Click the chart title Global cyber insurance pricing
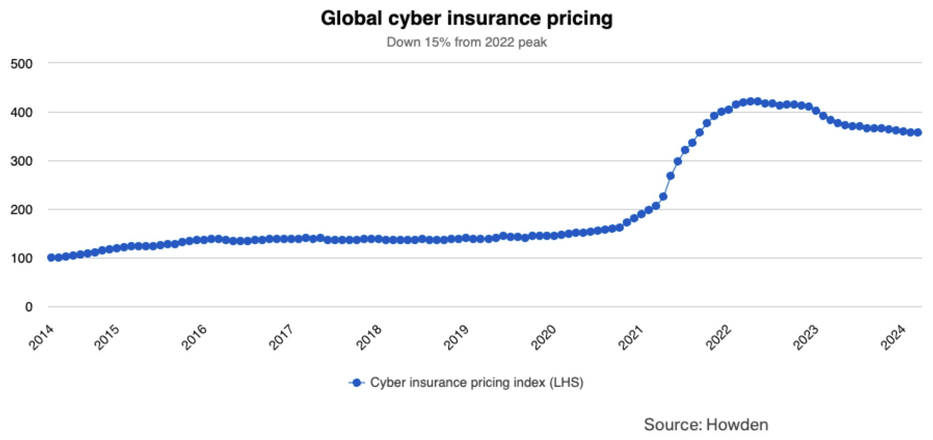(x=466, y=18)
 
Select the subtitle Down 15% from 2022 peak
(x=466, y=42)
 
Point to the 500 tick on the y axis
(x=21, y=64)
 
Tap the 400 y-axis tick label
(x=21, y=112)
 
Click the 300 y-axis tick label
(x=21, y=161)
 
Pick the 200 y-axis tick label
(x=21, y=210)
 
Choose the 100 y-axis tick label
(x=21, y=258)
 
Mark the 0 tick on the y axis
(x=29, y=307)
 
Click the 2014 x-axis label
(x=41, y=337)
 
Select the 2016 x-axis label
(x=194, y=337)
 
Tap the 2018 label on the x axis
(x=369, y=337)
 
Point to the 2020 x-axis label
(x=544, y=337)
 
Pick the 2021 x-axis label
(x=631, y=337)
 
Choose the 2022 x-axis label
(x=719, y=337)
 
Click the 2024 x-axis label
(x=893, y=337)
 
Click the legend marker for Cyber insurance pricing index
(x=356, y=383)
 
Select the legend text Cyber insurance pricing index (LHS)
(x=476, y=383)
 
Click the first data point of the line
(x=51, y=257)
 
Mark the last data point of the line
(x=918, y=132)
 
